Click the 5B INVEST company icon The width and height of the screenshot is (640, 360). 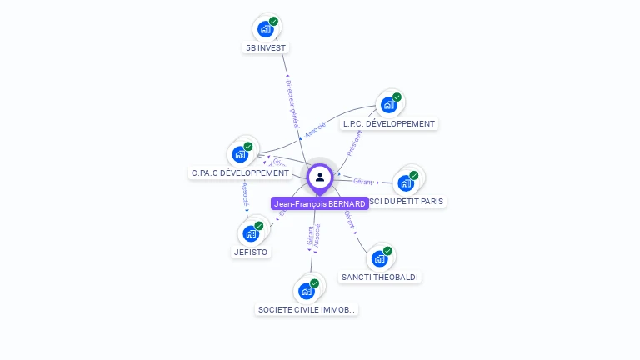point(266,29)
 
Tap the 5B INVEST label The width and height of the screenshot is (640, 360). point(266,48)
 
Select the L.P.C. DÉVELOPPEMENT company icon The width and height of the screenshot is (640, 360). point(388,105)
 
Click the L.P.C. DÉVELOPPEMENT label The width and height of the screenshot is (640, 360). point(389,124)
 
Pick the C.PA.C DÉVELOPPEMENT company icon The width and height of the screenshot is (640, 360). point(240,154)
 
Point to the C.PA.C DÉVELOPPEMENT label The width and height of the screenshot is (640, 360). point(240,173)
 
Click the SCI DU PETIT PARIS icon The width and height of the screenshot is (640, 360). point(406,182)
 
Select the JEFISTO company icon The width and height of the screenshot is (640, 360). point(251,233)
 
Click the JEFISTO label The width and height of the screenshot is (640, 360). point(251,252)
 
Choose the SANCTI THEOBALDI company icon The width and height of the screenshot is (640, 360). point(379,258)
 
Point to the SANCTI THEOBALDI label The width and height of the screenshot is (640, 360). point(380,277)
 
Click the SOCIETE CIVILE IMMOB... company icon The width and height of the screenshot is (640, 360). point(306,291)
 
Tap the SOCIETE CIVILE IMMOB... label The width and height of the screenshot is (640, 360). point(307,309)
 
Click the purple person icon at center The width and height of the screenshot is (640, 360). point(320,177)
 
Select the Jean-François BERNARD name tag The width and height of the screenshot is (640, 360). point(320,203)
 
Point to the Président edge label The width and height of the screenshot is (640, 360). point(355,142)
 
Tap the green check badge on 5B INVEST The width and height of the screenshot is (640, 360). point(274,21)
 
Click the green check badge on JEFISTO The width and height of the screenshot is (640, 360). point(259,225)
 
